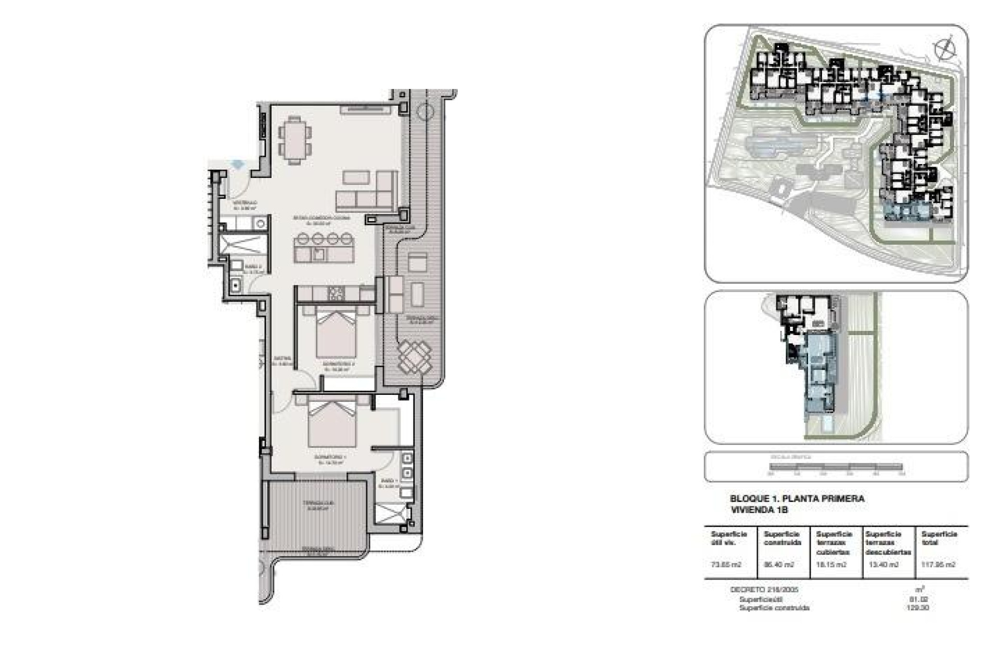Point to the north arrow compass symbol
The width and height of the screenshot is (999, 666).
click(945, 49)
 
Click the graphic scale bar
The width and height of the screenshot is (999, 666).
click(836, 467)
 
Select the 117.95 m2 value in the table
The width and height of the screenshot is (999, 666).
click(938, 565)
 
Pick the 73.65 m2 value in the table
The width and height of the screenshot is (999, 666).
click(726, 565)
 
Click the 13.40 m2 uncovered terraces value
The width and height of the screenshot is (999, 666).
click(883, 565)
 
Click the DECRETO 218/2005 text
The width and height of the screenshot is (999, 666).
click(764, 590)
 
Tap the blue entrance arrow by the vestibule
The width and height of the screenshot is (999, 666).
click(238, 164)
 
